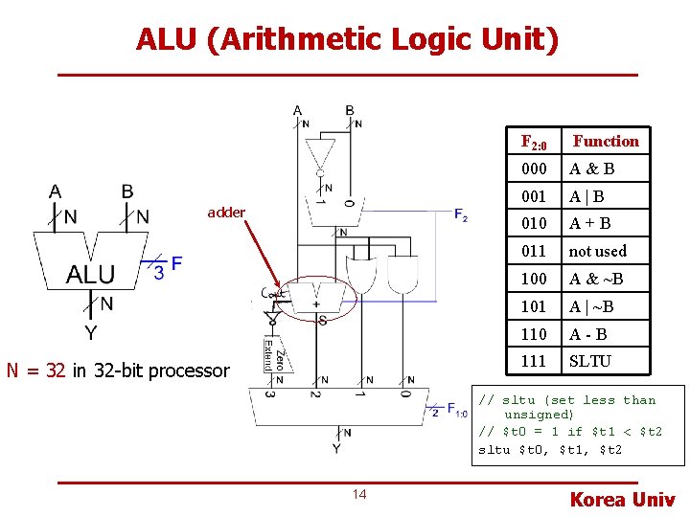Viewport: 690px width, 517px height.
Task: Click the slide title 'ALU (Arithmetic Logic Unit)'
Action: point(346,39)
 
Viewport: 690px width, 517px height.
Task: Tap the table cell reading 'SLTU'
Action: point(589,361)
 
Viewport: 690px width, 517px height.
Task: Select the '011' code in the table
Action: point(534,251)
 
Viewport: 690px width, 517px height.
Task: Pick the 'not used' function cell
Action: point(597,251)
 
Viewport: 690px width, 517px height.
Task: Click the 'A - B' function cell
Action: point(587,334)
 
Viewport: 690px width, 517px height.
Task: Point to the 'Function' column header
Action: point(606,142)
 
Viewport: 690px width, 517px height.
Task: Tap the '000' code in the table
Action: point(534,169)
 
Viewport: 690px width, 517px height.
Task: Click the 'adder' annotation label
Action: point(226,213)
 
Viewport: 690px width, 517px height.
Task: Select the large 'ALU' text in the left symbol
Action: point(90,276)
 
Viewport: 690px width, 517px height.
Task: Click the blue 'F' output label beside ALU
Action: point(176,263)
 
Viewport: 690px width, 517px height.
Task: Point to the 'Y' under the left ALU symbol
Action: point(90,333)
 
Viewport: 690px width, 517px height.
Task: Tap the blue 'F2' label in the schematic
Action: point(461,215)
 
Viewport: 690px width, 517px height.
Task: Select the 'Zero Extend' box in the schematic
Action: point(272,356)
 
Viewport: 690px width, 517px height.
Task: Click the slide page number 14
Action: point(359,494)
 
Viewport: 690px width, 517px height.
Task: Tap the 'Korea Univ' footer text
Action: point(622,499)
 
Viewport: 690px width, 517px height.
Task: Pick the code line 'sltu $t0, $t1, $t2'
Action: point(549,449)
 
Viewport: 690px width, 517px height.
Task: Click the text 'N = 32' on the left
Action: point(36,371)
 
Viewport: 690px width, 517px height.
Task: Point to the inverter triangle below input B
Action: point(319,153)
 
